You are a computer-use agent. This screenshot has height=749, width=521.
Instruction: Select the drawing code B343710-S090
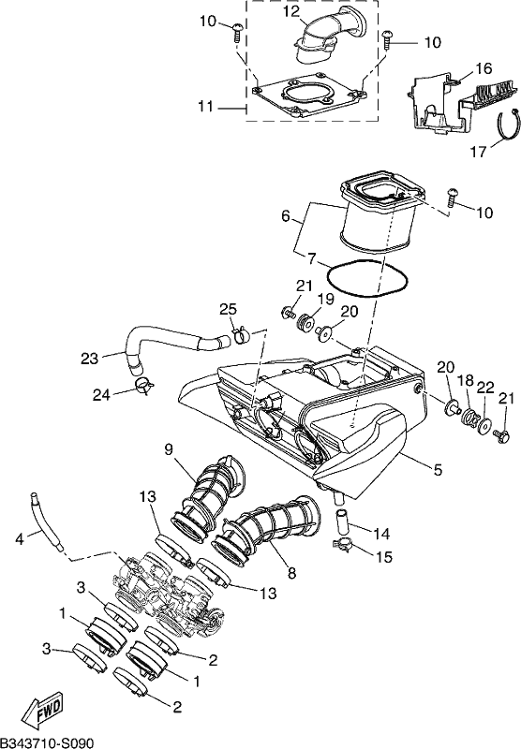(x=47, y=742)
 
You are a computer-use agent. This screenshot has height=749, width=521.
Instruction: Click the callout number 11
(x=205, y=106)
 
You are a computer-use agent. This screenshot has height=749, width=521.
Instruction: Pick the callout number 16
(x=484, y=68)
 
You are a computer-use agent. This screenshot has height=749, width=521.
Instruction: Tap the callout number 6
(x=286, y=216)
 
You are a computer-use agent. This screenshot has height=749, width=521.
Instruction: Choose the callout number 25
(x=228, y=309)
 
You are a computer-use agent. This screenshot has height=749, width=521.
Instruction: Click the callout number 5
(x=438, y=470)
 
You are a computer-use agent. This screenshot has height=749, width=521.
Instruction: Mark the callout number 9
(x=169, y=449)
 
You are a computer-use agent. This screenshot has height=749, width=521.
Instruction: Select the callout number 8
(x=291, y=573)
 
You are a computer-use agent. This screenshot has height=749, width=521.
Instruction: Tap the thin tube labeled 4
(x=45, y=521)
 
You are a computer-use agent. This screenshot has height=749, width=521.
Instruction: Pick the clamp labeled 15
(x=344, y=543)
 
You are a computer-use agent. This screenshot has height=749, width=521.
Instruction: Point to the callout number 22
(x=485, y=388)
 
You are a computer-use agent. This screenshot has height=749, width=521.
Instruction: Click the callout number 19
(x=326, y=300)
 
